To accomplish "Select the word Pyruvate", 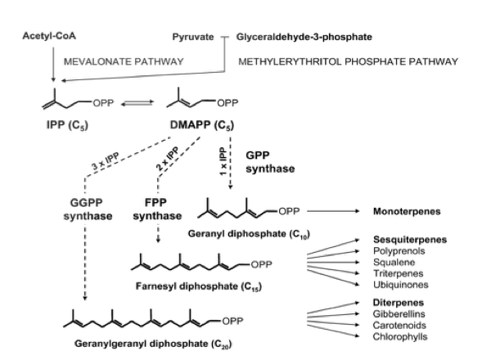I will click(x=193, y=38).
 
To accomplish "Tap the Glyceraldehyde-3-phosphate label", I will click(x=300, y=38).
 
